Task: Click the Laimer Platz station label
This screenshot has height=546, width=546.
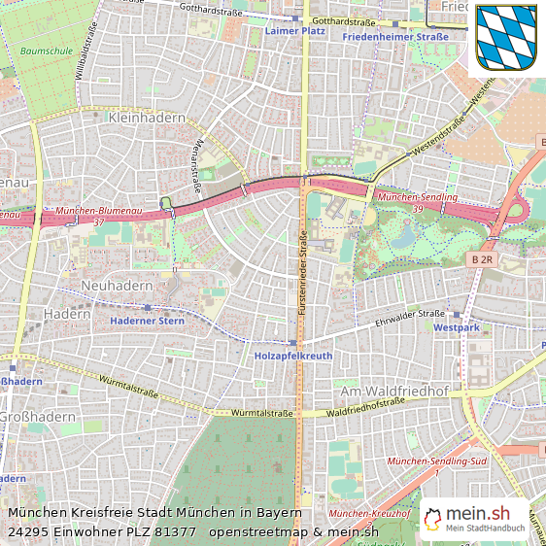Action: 294,31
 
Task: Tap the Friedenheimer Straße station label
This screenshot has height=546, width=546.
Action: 395,37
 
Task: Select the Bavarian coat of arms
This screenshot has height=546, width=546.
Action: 506,37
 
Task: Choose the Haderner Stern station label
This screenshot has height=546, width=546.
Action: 147,320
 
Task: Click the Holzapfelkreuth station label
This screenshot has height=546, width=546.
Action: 292,357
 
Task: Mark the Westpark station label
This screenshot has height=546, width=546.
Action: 457,328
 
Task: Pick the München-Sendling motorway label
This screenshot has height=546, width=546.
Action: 418,197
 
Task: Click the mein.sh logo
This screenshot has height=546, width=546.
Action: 474,519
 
